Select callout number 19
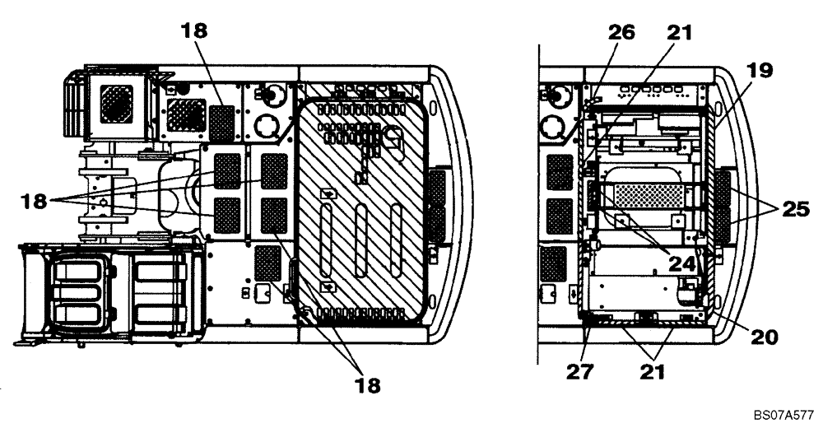[760, 70]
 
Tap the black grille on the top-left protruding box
[116, 105]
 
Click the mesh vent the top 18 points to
[220, 121]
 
